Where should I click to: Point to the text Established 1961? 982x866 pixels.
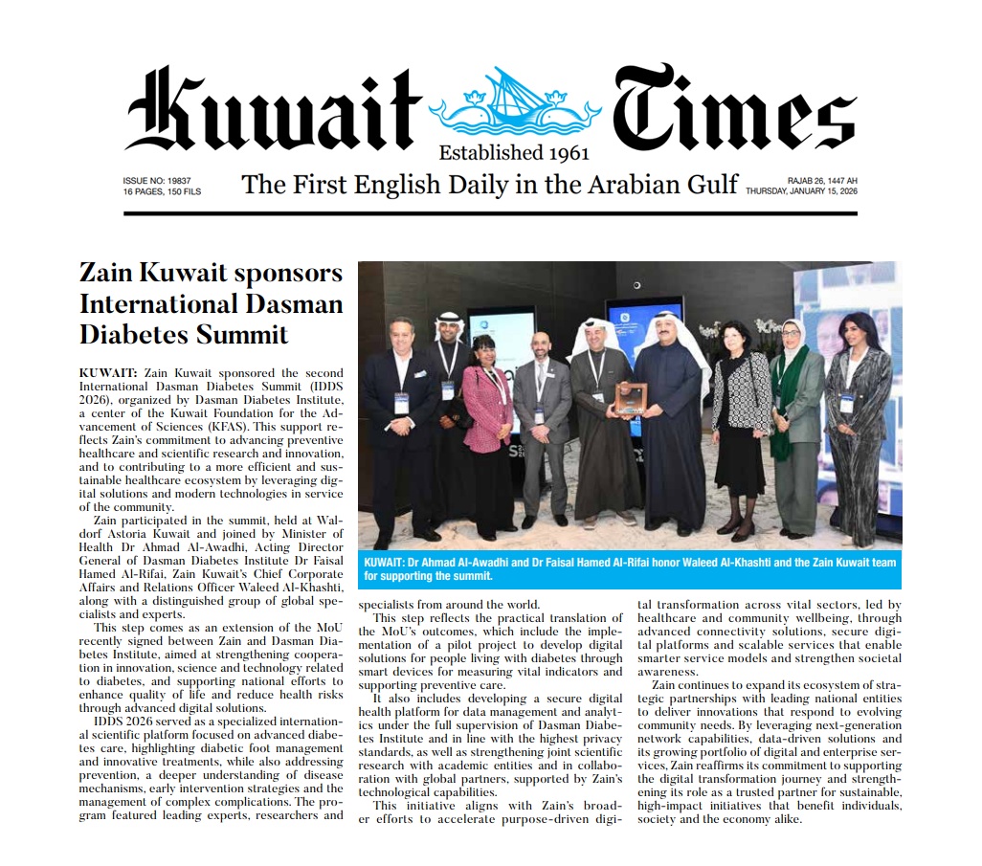pyautogui.click(x=514, y=152)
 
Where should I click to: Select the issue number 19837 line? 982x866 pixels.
pyautogui.click(x=157, y=180)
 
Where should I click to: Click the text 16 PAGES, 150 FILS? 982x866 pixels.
pyautogui.click(x=162, y=191)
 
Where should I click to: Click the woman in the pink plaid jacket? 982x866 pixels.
pyautogui.click(x=487, y=421)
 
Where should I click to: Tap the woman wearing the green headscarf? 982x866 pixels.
pyautogui.click(x=797, y=421)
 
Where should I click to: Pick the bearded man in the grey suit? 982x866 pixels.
pyautogui.click(x=542, y=421)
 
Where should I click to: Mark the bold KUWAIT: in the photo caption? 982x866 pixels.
pyautogui.click(x=388, y=563)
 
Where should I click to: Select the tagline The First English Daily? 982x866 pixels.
pyautogui.click(x=489, y=184)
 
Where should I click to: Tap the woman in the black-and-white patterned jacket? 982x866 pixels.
pyautogui.click(x=739, y=421)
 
